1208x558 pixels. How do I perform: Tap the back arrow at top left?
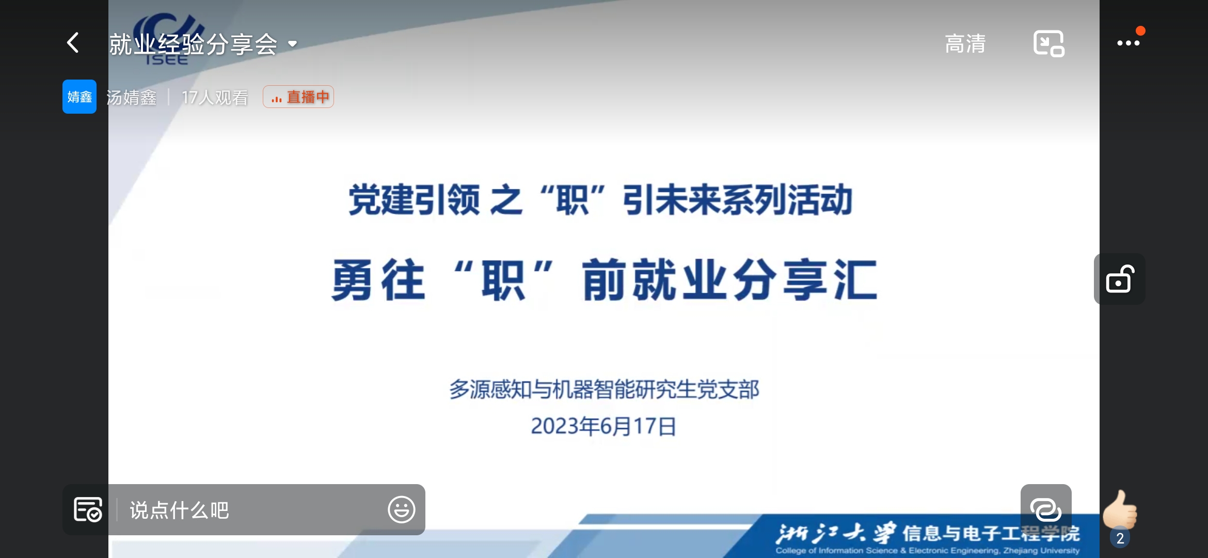[73, 43]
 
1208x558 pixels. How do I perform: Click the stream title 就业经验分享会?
[194, 44]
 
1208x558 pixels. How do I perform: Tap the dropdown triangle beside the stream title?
[293, 44]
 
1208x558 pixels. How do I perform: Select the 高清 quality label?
[965, 43]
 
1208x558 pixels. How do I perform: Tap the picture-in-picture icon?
[1048, 43]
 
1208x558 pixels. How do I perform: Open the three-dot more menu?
[1128, 43]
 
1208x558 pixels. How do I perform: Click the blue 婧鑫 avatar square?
[80, 97]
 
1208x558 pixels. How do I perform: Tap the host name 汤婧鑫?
[132, 97]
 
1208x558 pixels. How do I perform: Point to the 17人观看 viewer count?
[215, 97]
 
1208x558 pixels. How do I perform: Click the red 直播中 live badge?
[298, 97]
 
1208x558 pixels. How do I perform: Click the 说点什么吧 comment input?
[179, 510]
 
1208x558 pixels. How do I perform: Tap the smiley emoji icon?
[401, 510]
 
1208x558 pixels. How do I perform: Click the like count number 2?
[1120, 538]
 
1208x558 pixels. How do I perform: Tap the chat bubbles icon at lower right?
[1046, 510]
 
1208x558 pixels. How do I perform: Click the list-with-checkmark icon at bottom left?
[88, 509]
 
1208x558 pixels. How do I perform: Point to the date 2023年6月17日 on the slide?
[603, 426]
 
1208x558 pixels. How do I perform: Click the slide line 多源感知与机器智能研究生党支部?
[604, 389]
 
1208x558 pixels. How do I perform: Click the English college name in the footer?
[927, 551]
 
